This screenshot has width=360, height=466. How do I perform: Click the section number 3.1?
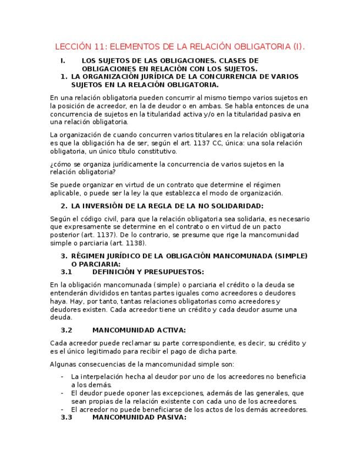point(67,271)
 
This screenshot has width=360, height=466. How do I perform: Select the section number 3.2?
point(67,330)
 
